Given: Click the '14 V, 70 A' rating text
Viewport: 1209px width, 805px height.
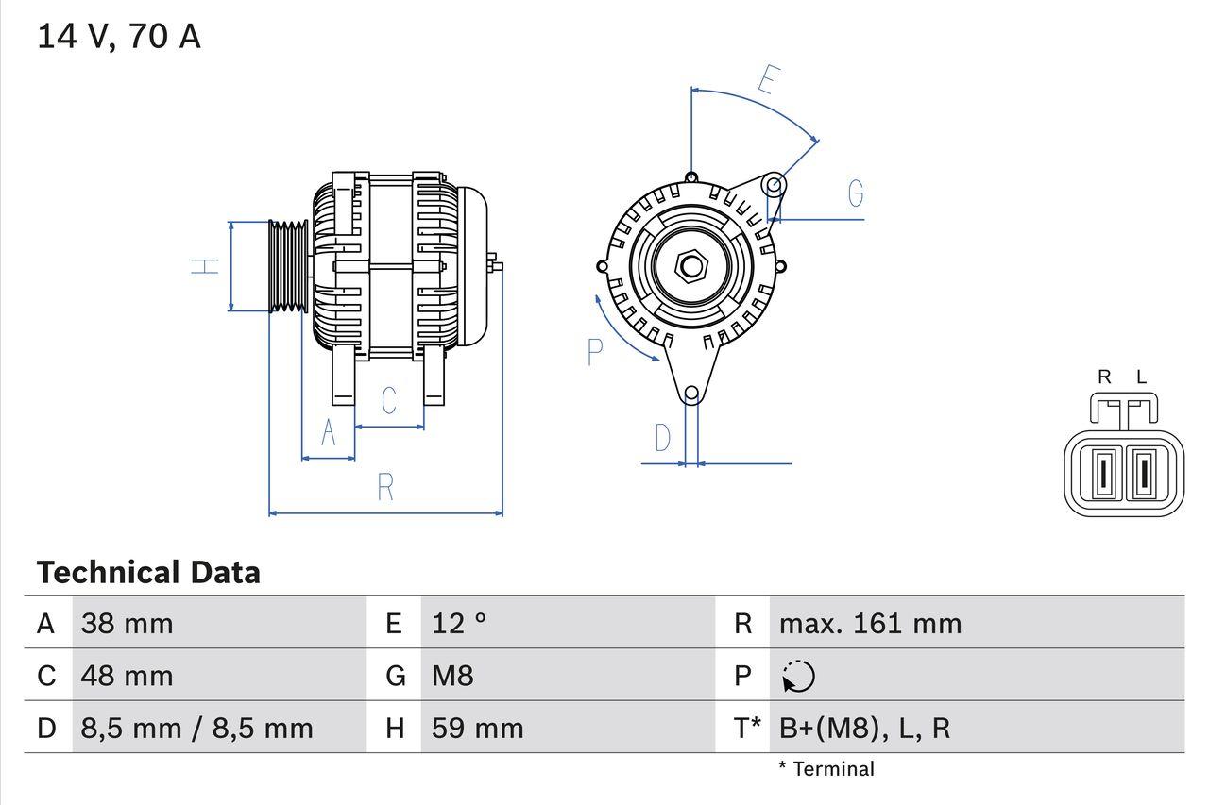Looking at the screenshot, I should click(x=119, y=37).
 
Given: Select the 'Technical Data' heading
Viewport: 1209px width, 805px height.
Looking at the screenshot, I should click(x=148, y=573).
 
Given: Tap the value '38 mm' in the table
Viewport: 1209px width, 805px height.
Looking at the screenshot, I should click(x=127, y=624).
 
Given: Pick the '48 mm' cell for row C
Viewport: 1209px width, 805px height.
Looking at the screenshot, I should click(x=127, y=676).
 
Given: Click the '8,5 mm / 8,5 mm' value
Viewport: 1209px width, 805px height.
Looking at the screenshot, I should click(x=196, y=729).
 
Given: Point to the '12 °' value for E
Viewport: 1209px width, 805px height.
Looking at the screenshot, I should click(x=459, y=624).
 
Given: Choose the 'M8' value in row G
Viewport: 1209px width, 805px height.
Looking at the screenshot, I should click(x=452, y=676).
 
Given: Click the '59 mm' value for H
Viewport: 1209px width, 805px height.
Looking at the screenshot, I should click(x=477, y=729).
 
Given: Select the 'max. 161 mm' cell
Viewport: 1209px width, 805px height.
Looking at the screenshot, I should click(x=870, y=624).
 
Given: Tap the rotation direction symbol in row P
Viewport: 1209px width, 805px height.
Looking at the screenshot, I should click(x=798, y=677).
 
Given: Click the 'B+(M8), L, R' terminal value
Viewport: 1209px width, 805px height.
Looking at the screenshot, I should click(x=864, y=729).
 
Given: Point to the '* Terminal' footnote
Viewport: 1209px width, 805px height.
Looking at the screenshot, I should click(x=826, y=769).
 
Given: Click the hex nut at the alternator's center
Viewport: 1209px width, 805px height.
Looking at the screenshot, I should click(x=691, y=266).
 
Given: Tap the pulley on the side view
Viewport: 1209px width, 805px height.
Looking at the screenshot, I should click(x=288, y=267).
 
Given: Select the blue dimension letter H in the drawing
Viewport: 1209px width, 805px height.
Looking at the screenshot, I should click(x=205, y=266).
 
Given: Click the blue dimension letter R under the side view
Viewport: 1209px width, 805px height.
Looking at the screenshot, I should click(x=385, y=488).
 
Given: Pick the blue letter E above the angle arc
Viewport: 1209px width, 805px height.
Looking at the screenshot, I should click(x=768, y=81).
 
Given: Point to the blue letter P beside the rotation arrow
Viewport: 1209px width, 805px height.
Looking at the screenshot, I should click(x=594, y=352).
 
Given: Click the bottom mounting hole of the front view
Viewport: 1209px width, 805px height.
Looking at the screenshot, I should click(x=691, y=393).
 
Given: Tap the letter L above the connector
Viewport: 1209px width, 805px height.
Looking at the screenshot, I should click(x=1141, y=377).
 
